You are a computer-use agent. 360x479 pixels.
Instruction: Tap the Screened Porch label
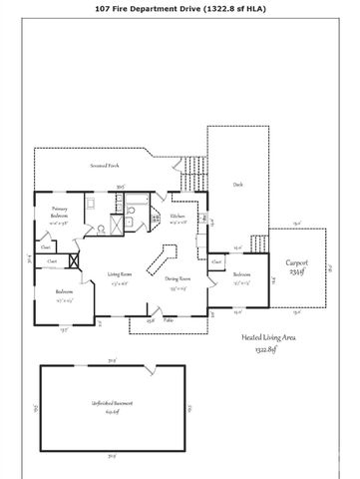(x=107, y=165)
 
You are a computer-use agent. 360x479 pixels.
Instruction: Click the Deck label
(x=236, y=184)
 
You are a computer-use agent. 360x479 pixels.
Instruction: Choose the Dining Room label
(x=179, y=281)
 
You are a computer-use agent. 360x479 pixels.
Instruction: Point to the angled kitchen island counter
(x=158, y=261)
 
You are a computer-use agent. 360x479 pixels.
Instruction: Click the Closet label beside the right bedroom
(x=216, y=262)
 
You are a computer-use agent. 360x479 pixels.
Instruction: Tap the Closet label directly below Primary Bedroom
(x=46, y=245)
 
